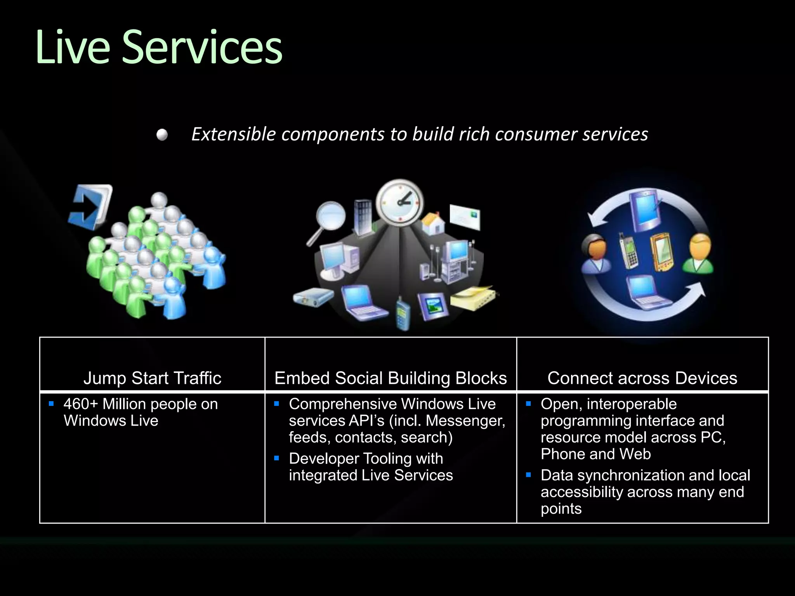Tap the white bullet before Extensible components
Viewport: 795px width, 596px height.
pyautogui.click(x=162, y=135)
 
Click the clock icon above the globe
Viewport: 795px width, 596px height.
pyautogui.click(x=400, y=202)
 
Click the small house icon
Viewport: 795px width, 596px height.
pyautogui.click(x=433, y=223)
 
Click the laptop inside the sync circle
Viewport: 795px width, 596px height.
pyautogui.click(x=644, y=292)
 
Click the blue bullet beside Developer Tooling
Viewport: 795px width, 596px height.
pyautogui.click(x=277, y=458)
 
